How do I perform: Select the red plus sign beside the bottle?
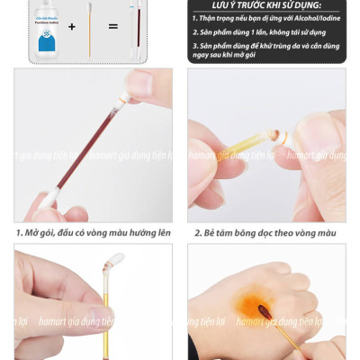[x=72, y=26]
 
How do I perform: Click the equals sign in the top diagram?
[x=112, y=26]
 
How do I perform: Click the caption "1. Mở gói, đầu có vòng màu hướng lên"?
[x=93, y=233]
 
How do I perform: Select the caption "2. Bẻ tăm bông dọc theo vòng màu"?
[x=267, y=233]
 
